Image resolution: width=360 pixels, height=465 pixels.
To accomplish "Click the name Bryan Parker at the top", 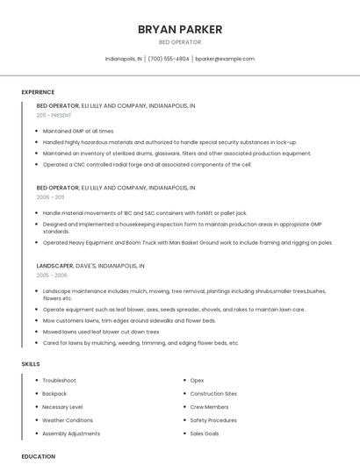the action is (x=180, y=29).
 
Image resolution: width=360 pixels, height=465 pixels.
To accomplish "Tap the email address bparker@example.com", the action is (x=225, y=59).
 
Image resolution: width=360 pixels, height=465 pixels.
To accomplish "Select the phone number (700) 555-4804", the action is (x=169, y=59).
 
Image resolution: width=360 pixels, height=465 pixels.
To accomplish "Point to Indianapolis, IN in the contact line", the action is (x=124, y=59).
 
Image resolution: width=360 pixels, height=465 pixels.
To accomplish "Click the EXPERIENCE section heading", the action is (x=38, y=92).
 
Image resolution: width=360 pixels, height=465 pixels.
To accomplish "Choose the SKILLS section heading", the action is (x=31, y=363).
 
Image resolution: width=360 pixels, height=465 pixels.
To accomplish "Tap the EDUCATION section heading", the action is (x=38, y=456).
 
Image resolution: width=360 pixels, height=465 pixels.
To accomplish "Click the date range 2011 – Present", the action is (x=54, y=115).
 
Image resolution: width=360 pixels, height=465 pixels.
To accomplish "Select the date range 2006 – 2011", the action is (x=51, y=197).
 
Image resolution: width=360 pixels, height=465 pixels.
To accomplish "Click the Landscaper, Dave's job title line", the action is (x=90, y=265).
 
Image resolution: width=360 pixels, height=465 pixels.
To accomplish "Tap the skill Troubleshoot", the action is (x=59, y=380).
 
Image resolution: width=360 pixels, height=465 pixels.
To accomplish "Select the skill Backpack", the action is (x=54, y=393).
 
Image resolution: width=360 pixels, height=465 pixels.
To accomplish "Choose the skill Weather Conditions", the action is (x=68, y=420).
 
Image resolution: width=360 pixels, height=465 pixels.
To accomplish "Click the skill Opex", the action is (x=197, y=380).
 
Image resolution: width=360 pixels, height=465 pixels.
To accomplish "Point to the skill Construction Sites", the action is (x=213, y=393).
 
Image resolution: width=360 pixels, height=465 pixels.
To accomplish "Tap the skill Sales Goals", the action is (x=204, y=433).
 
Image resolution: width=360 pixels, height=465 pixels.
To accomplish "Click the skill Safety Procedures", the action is (x=213, y=420).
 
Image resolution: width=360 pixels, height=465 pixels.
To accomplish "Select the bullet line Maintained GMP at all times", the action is (x=78, y=131).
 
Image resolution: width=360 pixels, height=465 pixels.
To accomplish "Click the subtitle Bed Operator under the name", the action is (x=180, y=42).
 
